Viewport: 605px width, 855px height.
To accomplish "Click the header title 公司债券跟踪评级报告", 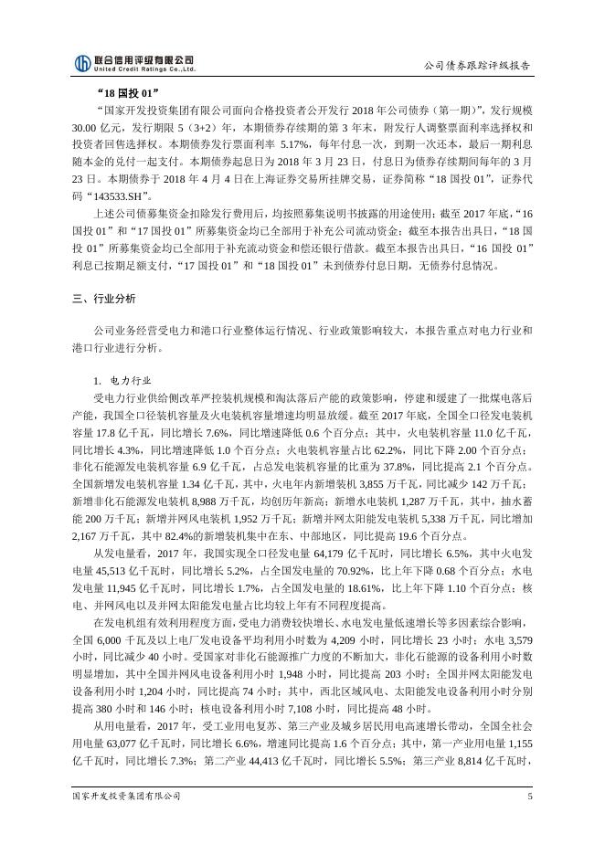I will tap(477, 66).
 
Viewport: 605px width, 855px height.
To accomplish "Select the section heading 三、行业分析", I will tap(103, 299).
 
